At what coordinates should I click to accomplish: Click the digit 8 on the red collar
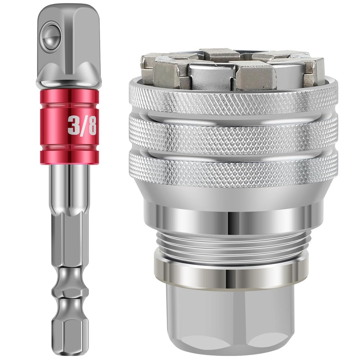click(91, 126)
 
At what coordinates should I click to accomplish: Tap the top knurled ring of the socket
click(234, 97)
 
